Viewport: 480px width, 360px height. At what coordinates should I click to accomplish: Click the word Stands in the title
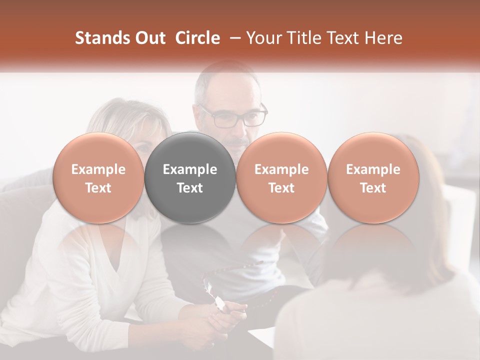point(102,38)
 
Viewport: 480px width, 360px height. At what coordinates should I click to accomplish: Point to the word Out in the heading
point(149,38)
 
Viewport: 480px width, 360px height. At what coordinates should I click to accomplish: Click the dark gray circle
point(190,177)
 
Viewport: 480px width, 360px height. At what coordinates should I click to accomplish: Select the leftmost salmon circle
point(98,177)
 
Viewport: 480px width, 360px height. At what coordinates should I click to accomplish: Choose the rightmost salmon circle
point(373,177)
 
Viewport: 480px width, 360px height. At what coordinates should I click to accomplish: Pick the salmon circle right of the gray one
point(281,177)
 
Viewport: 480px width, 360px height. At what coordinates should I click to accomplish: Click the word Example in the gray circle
point(190,169)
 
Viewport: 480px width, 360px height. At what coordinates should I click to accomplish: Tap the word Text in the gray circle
point(190,188)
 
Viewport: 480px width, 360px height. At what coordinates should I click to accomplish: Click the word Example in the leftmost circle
point(98,169)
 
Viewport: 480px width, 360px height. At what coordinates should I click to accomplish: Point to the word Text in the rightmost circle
point(373,188)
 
